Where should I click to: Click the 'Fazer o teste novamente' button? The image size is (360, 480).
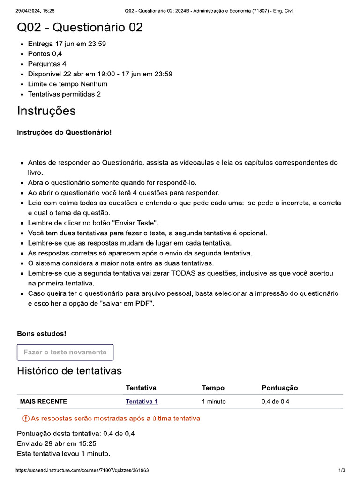pos(65,352)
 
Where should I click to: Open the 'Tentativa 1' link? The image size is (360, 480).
pos(142,401)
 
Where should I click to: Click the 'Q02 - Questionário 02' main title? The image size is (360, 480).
pos(80,28)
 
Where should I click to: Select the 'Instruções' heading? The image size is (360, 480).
pos(46,111)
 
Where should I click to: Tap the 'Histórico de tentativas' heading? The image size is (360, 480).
pos(69,371)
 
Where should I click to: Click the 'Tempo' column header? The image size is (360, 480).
pos(213,388)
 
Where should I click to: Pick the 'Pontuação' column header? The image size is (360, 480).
pos(279,388)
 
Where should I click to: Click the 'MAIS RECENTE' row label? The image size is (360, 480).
pos(43,401)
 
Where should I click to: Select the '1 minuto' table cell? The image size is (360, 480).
pos(214,401)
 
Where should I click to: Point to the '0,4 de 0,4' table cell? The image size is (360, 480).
pos(275,401)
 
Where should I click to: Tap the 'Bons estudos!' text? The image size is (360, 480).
pos(42,334)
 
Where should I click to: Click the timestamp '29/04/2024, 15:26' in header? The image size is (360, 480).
pos(35,11)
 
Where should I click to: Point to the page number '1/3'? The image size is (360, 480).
pos(342,470)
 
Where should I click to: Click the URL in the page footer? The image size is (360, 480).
pos(82,470)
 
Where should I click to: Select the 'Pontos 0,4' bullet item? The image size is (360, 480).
pos(45,54)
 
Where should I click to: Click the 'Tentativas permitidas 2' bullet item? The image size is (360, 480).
pos(64,94)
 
